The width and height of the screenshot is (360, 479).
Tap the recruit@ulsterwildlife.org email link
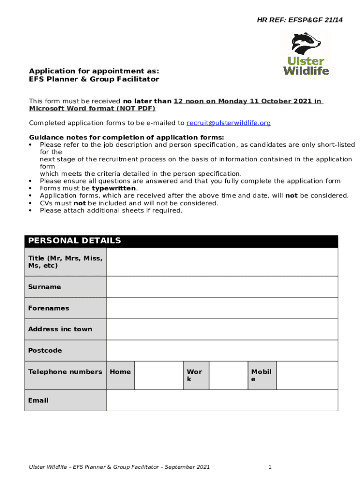229,123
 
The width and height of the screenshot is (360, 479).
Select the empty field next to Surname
222,287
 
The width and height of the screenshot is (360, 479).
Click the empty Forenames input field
222,308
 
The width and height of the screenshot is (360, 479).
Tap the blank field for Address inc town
222,329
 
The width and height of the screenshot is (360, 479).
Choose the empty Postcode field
222,350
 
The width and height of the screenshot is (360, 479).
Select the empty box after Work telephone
228,375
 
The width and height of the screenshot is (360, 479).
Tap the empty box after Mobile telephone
307,375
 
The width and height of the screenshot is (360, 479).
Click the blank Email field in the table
222,400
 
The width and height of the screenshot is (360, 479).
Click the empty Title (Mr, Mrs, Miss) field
222,262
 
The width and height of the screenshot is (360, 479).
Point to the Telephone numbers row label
65,372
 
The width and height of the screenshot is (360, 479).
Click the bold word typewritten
114,189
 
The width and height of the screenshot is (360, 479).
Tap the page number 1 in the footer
270,467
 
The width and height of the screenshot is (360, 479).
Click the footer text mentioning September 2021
119,467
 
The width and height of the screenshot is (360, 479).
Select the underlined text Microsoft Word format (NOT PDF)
92,109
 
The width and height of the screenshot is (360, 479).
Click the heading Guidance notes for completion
126,138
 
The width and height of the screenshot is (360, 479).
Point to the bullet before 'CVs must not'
31,203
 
